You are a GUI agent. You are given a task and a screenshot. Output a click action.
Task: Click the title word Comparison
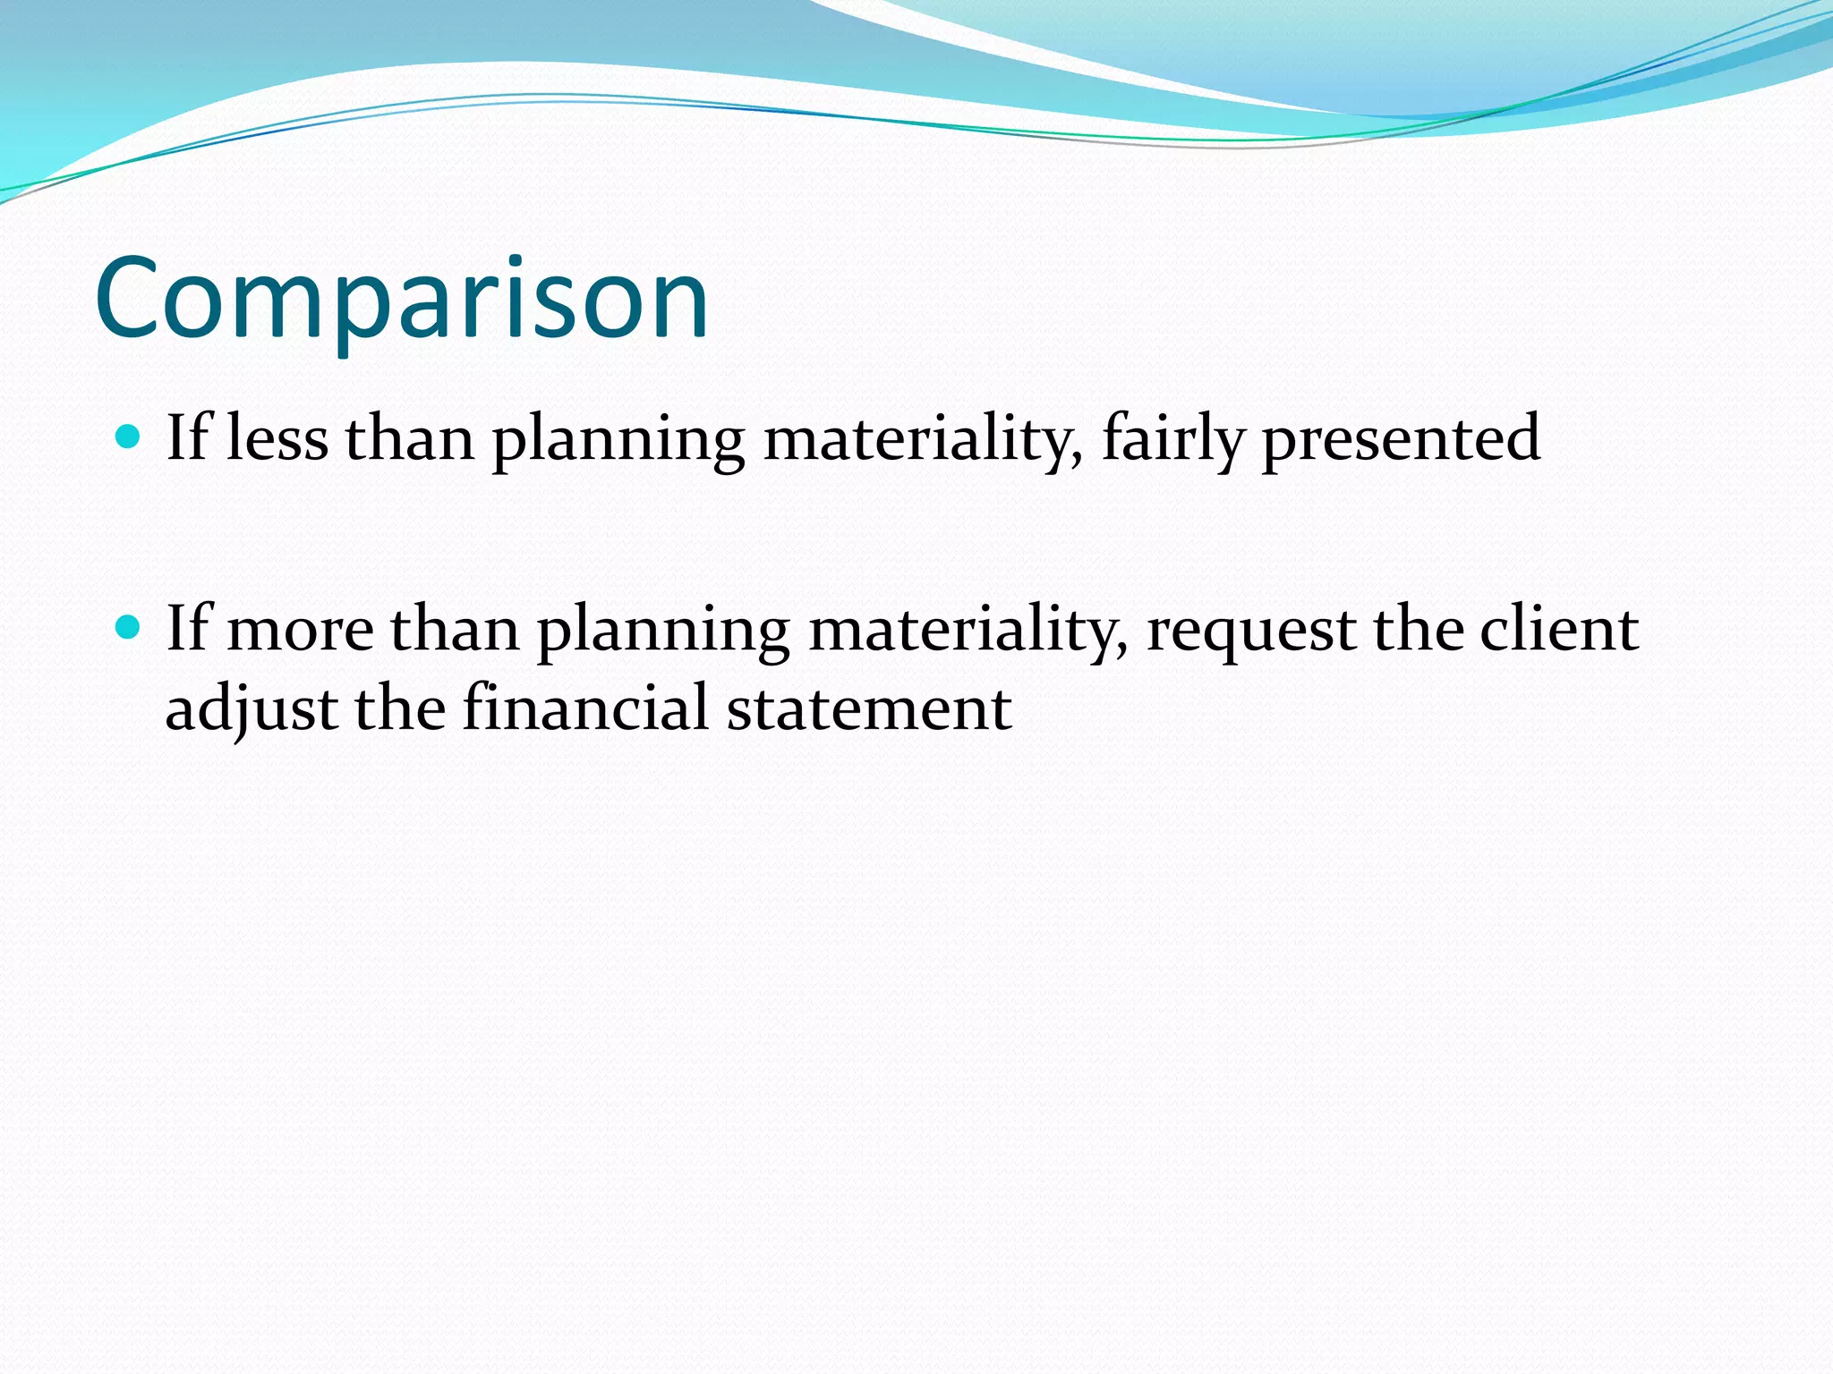pyautogui.click(x=402, y=299)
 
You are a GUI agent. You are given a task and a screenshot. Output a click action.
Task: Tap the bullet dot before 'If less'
pyautogui.click(x=129, y=437)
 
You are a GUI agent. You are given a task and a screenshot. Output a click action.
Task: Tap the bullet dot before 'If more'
pyautogui.click(x=129, y=627)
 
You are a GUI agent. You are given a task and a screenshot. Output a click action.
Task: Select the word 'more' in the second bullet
pyautogui.click(x=301, y=630)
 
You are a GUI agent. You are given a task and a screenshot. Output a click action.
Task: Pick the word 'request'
pyautogui.click(x=1250, y=630)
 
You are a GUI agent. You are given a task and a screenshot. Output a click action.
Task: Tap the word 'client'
pyautogui.click(x=1559, y=630)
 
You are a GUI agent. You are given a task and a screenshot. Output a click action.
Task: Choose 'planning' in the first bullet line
pyautogui.click(x=618, y=440)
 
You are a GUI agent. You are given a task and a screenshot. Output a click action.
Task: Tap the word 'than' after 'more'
pyautogui.click(x=455, y=630)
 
